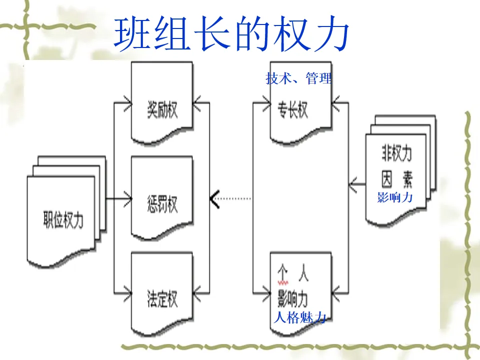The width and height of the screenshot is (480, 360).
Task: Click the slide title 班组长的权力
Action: (231, 34)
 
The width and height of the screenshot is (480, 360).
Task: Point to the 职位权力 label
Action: (63, 220)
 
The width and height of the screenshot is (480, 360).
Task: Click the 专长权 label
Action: (293, 110)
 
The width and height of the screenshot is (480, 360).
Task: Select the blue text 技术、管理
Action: (298, 78)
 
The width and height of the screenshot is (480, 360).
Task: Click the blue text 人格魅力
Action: (300, 317)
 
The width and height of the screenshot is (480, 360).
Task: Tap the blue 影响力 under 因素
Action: (395, 197)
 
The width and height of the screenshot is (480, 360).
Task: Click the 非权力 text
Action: (396, 154)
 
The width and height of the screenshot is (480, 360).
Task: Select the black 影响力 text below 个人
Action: (293, 299)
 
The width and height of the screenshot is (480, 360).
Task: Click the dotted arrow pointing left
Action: (230, 198)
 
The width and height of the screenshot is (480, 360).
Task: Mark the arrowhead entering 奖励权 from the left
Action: (127, 104)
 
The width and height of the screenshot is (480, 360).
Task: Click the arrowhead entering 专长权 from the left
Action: (265, 104)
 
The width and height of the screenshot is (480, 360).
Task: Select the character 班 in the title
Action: (131, 34)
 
